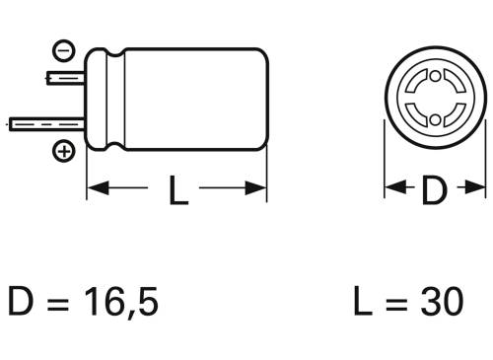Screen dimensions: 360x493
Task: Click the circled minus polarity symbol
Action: (62, 48)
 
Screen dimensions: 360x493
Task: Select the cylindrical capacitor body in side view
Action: (187, 100)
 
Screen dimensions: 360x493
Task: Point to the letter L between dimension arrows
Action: (177, 190)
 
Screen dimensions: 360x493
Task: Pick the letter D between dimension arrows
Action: (434, 190)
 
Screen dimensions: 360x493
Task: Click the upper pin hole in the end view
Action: (435, 75)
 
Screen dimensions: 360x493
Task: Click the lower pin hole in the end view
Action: (435, 120)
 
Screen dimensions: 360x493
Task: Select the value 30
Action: (438, 300)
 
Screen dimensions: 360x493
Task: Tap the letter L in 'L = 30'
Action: (362, 300)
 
